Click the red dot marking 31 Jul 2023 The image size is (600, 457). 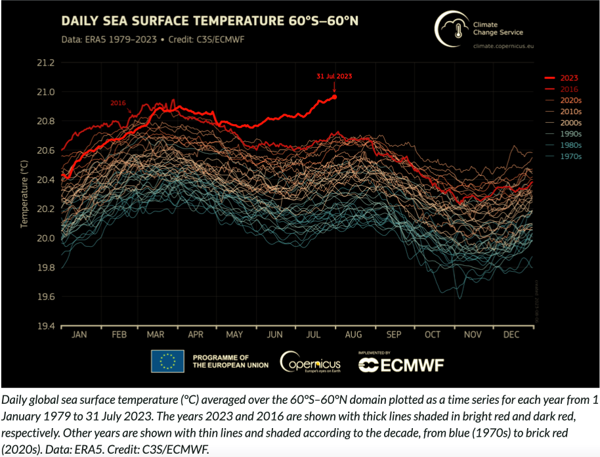(x=335, y=97)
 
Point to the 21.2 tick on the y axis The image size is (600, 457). (x=46, y=63)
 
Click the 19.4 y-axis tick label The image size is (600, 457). (x=46, y=326)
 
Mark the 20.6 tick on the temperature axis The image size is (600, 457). (x=46, y=151)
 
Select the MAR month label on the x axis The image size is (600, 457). (x=156, y=335)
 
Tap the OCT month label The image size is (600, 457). (x=433, y=335)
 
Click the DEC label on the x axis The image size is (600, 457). (x=511, y=335)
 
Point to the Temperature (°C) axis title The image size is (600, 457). (x=24, y=195)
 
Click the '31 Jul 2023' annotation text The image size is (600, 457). (x=334, y=76)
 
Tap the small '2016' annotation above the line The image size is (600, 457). (x=118, y=103)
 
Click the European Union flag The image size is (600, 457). (x=167, y=360)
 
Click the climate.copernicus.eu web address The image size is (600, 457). (x=504, y=46)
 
